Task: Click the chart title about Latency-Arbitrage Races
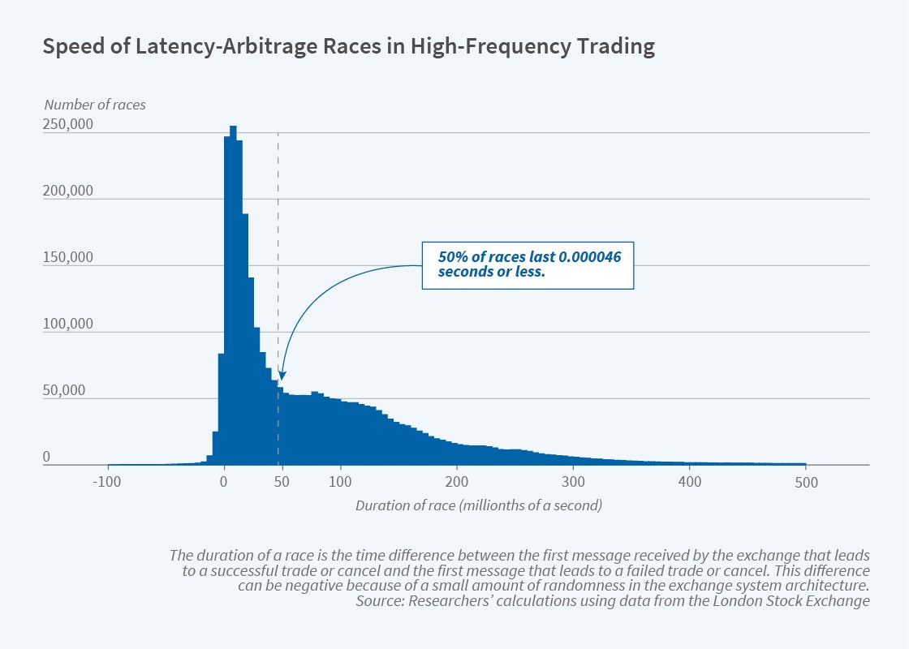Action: [x=349, y=47]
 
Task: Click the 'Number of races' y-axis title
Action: [x=95, y=105]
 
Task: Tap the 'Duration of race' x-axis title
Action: [x=478, y=505]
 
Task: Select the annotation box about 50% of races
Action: [x=528, y=264]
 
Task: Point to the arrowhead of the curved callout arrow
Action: [x=282, y=376]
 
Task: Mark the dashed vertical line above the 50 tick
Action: [x=278, y=243]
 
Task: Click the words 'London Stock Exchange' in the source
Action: [x=803, y=601]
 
